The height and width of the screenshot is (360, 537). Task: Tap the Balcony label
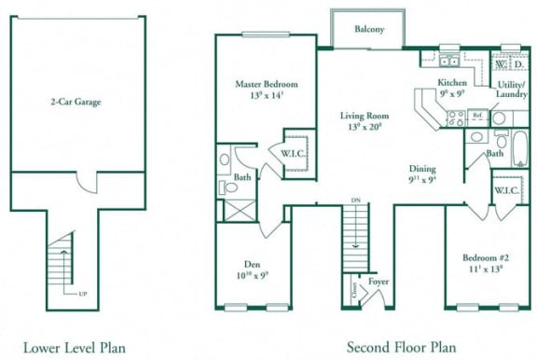(x=369, y=29)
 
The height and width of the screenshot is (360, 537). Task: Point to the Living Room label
(x=365, y=117)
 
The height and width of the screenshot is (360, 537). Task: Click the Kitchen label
(x=452, y=83)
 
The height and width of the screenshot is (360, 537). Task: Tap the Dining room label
(x=422, y=169)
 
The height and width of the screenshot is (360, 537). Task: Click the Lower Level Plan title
(x=74, y=347)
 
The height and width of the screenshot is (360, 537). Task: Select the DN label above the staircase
(x=354, y=200)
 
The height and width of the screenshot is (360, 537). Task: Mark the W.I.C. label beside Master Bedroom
(x=294, y=153)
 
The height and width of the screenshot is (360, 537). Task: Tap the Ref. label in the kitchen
(x=477, y=117)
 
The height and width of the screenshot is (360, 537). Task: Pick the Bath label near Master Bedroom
(x=242, y=176)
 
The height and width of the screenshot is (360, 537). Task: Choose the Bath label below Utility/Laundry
(x=495, y=154)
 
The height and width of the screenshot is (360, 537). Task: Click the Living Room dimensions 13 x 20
(x=365, y=128)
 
